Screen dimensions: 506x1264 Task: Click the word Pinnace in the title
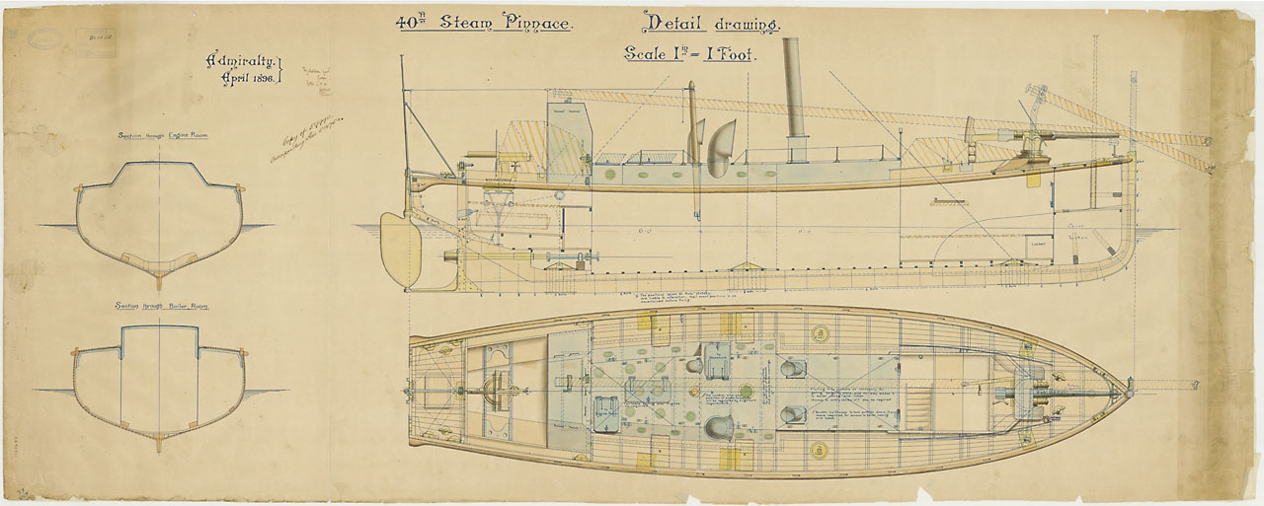coord(535,22)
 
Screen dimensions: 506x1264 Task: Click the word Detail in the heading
coord(669,22)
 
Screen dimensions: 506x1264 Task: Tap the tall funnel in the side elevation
coord(793,89)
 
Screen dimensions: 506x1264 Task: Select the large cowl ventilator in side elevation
coord(722,145)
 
